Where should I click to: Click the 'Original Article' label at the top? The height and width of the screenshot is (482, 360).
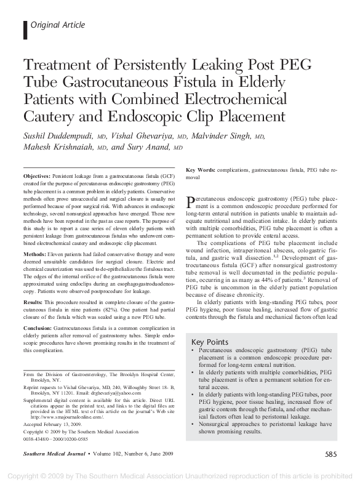[x=57, y=25]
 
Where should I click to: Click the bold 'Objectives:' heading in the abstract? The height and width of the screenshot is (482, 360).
[x=37, y=176]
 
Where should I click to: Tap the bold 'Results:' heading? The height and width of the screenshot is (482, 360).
[x=33, y=303]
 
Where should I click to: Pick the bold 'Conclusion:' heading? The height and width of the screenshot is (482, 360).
[x=38, y=329]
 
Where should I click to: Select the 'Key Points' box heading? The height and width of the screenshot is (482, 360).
[x=211, y=342]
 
